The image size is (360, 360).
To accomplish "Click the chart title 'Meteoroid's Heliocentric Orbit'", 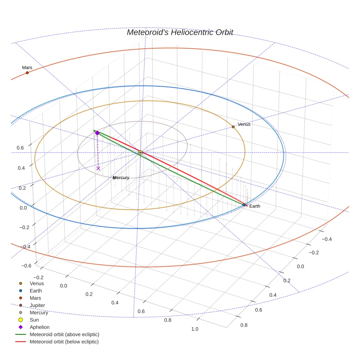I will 180,32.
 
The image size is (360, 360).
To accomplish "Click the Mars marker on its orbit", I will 27,73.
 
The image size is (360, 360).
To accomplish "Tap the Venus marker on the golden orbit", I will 233,127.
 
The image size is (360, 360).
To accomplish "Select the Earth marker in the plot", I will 244,205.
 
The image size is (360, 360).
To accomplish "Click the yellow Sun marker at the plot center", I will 140,153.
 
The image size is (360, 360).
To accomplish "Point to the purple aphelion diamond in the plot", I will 97,133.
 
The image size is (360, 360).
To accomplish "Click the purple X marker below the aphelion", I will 98,168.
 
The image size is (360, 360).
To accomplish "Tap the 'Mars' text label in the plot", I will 27,68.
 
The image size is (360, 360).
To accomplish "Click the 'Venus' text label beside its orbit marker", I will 244,124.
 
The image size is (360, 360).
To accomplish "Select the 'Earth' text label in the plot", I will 255,206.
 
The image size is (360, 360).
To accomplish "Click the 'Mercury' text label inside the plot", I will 121,178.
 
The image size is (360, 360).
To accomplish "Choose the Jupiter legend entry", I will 37,305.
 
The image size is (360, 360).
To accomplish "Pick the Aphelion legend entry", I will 39,327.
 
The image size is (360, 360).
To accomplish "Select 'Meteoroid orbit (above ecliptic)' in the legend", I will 64,334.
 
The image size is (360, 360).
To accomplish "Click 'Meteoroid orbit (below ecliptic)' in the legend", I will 64,342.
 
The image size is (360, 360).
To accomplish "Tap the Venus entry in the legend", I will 37,283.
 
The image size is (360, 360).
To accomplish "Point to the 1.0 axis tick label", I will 195,329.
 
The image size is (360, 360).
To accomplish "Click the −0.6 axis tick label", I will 25,266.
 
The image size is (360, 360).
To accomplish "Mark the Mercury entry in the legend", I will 39,312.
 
